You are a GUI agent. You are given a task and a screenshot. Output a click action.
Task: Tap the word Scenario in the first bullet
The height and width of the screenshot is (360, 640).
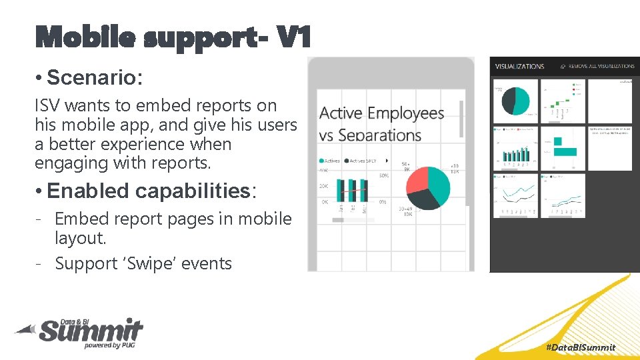coord(94,78)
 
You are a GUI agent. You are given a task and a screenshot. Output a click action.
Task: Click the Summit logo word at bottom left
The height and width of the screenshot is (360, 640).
coord(90,330)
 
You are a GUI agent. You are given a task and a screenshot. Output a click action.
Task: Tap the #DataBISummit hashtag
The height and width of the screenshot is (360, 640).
coord(580,347)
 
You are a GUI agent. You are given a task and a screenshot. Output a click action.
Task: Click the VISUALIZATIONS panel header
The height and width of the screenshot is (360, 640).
coord(520,67)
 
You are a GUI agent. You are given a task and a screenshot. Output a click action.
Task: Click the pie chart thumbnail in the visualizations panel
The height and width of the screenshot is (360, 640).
coord(515,101)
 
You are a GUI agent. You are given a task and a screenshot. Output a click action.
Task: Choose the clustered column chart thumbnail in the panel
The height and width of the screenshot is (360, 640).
coord(515,148)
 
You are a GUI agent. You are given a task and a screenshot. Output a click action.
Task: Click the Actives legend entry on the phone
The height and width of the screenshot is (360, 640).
coord(331,161)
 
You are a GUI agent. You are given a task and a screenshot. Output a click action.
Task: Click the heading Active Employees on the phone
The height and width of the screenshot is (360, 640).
coord(382,113)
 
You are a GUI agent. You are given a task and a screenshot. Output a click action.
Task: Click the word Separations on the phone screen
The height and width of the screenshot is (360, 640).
coord(379,135)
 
